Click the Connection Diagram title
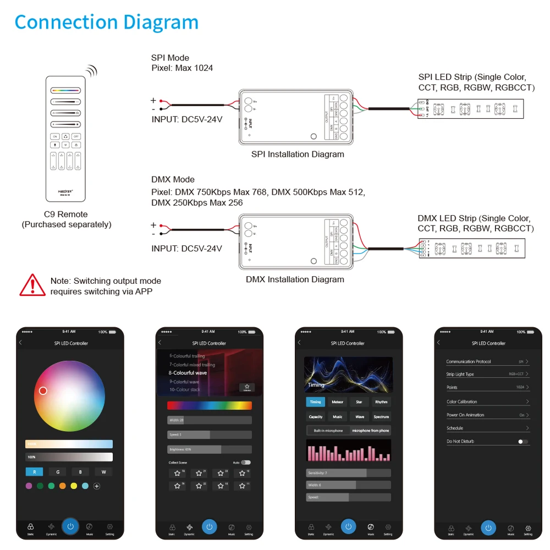(x=106, y=23)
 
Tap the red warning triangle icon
(x=32, y=285)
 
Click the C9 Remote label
(x=66, y=215)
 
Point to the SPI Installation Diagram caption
(x=298, y=154)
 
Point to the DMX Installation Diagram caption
(x=295, y=279)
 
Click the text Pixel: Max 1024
(x=182, y=68)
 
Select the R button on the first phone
(x=34, y=471)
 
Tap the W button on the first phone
(x=103, y=471)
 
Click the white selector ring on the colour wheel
(x=43, y=391)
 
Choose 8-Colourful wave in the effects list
(x=188, y=373)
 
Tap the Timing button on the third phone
(x=316, y=402)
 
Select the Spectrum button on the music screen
(x=381, y=416)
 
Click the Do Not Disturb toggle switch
(x=523, y=441)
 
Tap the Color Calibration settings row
(x=487, y=402)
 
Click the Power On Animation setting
(x=487, y=415)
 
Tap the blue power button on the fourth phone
(x=488, y=527)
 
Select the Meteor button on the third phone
(x=338, y=402)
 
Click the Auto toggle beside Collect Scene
(x=245, y=463)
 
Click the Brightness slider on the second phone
(x=209, y=449)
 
